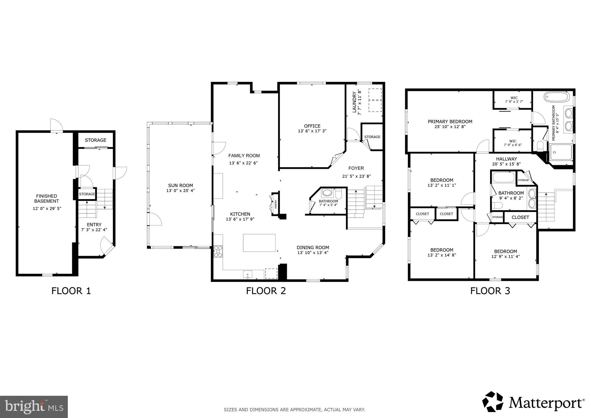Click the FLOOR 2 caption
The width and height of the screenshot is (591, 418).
(x=266, y=290)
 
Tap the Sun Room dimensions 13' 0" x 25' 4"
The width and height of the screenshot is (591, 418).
(x=181, y=191)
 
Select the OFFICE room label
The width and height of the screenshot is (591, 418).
(x=312, y=126)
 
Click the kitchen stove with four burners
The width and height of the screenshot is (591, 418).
(x=218, y=251)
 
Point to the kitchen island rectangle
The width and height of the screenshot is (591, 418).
(x=259, y=243)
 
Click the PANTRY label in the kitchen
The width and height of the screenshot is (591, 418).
(x=276, y=204)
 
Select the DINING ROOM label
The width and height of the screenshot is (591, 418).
(x=313, y=247)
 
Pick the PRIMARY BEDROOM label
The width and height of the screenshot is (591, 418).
(x=450, y=122)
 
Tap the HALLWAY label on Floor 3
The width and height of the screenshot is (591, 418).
(x=506, y=159)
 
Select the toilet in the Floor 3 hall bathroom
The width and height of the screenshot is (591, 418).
(x=497, y=205)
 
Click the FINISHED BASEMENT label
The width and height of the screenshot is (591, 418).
(x=47, y=199)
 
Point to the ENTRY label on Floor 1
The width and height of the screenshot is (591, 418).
(x=94, y=225)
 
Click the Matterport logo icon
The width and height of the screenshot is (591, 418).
(x=493, y=402)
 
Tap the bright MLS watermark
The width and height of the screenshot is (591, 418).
(x=34, y=407)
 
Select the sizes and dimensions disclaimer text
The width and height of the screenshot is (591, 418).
(x=294, y=409)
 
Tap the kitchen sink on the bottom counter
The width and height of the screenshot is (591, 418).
(x=247, y=274)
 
